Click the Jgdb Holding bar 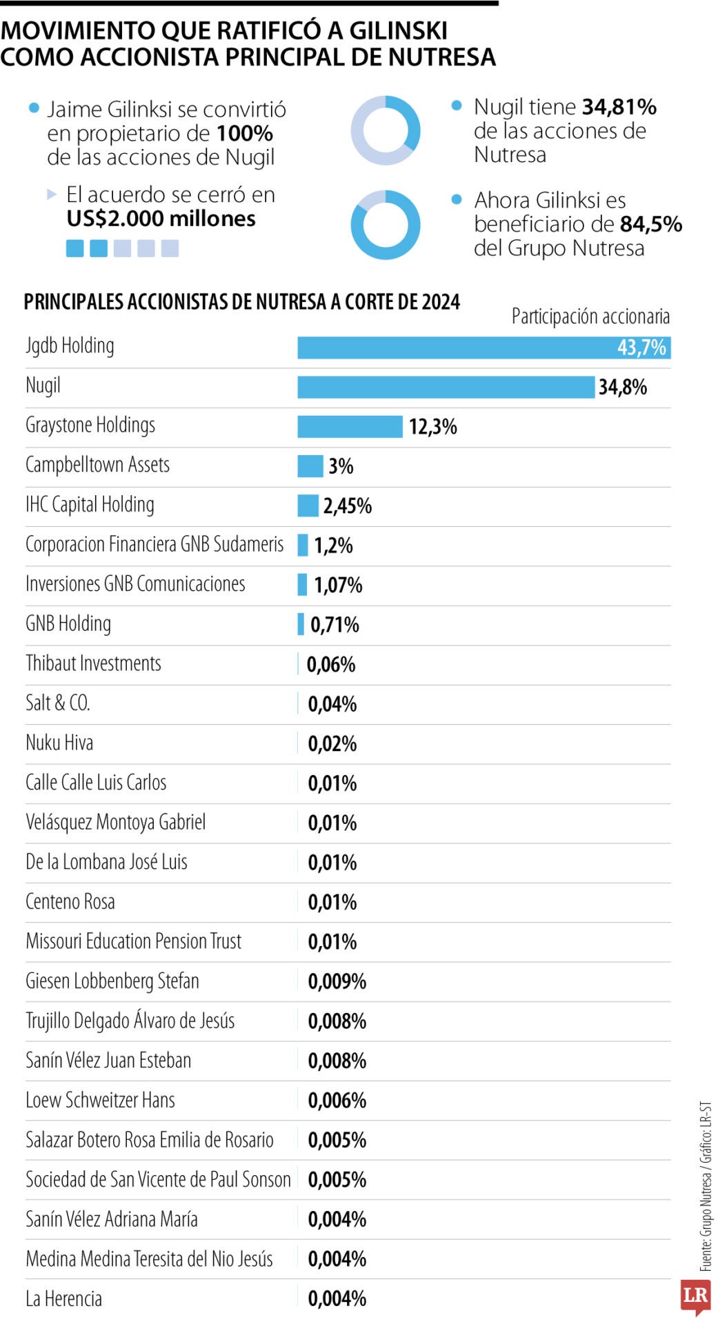click(x=483, y=348)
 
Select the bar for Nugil click(x=446, y=387)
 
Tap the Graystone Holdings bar click(x=350, y=426)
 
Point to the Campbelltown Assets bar click(x=310, y=466)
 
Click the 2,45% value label click(x=348, y=506)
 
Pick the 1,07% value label click(x=338, y=585)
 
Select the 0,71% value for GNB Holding click(x=335, y=625)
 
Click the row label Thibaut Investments click(x=93, y=663)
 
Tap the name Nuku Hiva click(x=59, y=743)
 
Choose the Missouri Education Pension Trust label click(x=134, y=941)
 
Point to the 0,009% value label click(x=337, y=981)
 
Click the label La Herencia click(x=63, y=1299)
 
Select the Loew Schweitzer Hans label click(x=100, y=1101)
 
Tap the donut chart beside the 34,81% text click(x=386, y=130)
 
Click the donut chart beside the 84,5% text click(x=386, y=225)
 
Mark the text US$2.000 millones click(x=161, y=219)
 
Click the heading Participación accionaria click(x=590, y=317)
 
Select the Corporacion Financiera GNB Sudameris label click(x=154, y=545)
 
